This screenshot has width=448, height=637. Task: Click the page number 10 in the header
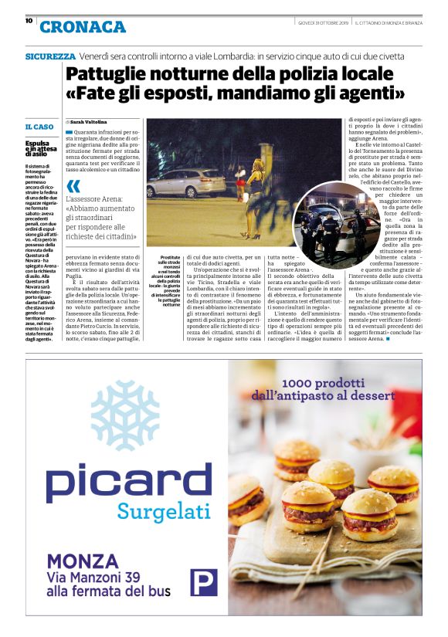point(29,21)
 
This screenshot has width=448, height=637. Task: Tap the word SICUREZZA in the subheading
point(50,56)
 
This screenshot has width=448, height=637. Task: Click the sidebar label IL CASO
point(39,127)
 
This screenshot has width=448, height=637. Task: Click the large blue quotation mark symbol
point(73,186)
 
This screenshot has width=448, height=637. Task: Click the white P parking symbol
point(204,581)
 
